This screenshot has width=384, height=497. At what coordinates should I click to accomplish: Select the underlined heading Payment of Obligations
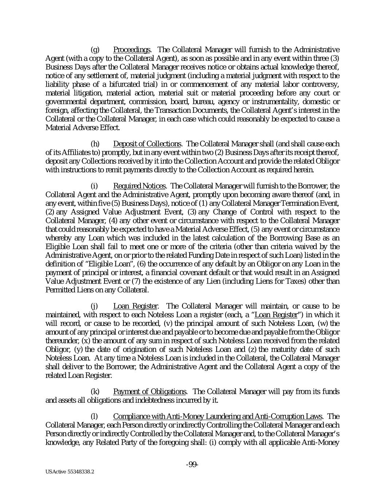150,392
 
